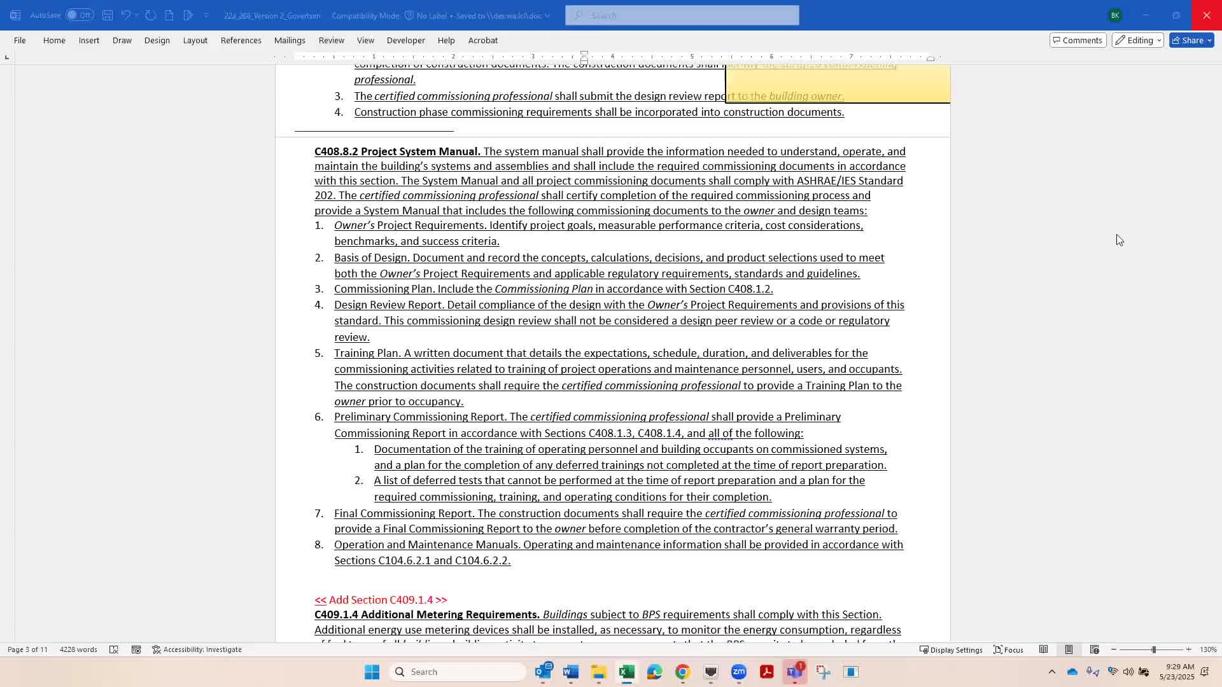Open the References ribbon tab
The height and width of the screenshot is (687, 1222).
(241, 40)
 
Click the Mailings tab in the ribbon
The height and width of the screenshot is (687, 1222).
(290, 40)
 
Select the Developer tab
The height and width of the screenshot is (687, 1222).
(405, 40)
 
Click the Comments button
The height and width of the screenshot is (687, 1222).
(1078, 40)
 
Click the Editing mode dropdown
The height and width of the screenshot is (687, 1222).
(1138, 40)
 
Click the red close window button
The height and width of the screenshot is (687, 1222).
(1206, 15)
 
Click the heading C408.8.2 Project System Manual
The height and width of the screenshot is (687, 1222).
(397, 151)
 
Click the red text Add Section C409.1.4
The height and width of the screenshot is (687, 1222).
(381, 600)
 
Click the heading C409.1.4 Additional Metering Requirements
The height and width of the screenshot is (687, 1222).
(426, 614)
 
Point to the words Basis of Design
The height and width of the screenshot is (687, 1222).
(372, 258)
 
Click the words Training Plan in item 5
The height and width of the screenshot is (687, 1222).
(367, 353)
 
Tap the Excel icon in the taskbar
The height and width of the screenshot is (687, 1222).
(626, 672)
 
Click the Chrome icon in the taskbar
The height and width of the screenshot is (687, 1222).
(682, 672)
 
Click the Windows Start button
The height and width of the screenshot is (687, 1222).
(372, 672)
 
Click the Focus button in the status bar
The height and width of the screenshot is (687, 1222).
(1009, 649)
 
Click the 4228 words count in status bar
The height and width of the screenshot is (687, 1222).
(78, 649)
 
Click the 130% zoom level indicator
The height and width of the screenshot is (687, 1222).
(1208, 649)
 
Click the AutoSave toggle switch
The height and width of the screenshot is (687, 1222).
(80, 15)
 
